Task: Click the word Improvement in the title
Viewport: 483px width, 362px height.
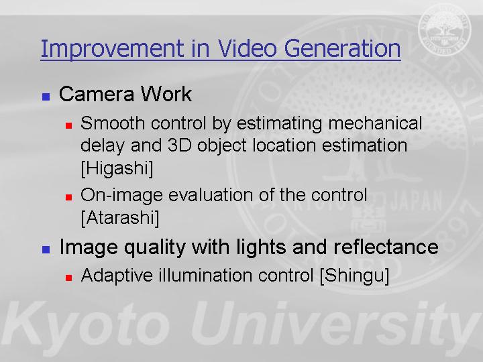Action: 112,49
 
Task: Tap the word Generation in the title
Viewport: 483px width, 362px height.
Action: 342,48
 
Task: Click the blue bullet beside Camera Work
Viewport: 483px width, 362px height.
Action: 46,97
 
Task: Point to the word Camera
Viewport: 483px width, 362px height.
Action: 97,94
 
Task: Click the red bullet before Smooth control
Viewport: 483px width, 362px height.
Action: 68,125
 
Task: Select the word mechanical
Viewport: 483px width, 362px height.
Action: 375,123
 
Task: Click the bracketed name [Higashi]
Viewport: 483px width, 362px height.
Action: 117,168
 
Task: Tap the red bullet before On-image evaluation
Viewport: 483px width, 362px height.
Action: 68,197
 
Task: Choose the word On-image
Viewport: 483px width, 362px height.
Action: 121,196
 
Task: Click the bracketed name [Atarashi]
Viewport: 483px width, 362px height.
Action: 120,218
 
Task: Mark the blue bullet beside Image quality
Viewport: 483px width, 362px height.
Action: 46,249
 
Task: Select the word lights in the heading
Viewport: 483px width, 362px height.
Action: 262,247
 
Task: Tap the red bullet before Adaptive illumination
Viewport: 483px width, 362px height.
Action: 68,278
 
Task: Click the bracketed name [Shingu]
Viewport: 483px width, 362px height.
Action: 355,276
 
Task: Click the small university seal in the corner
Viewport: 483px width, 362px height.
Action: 445,29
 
